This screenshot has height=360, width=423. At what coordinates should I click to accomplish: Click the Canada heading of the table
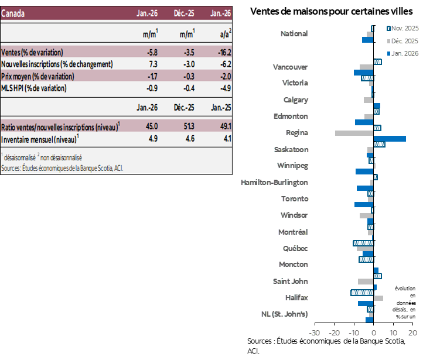(13, 13)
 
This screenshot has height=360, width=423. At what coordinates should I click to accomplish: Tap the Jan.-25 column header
(221, 107)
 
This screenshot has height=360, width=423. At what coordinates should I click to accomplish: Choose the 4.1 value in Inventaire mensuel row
(227, 139)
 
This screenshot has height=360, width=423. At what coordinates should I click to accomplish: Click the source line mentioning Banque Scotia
(62, 168)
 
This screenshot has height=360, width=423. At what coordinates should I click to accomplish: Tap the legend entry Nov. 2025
(404, 28)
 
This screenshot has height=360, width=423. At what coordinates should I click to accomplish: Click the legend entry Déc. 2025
(404, 41)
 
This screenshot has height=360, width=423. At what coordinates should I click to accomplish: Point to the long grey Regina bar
(354, 133)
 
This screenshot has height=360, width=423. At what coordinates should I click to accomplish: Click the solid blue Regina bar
(390, 139)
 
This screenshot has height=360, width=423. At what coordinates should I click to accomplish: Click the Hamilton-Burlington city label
(274, 183)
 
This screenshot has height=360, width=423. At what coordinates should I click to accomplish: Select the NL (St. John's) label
(284, 314)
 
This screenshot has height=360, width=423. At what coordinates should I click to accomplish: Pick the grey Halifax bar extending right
(378, 298)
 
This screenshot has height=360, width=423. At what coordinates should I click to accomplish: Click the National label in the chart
(294, 34)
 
